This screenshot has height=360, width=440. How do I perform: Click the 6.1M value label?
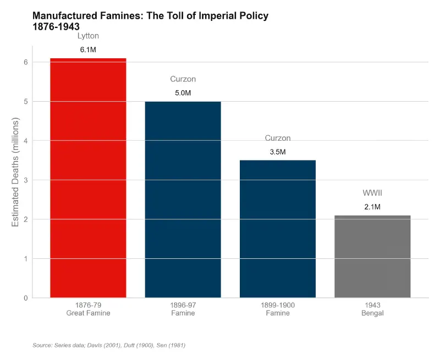click(88, 50)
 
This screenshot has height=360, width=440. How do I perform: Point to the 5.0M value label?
click(183, 93)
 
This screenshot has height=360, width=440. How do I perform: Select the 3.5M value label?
click(278, 152)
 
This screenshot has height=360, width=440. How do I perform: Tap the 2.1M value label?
click(372, 207)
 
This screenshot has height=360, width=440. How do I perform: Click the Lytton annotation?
click(88, 36)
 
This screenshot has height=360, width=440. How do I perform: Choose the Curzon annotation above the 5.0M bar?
click(183, 79)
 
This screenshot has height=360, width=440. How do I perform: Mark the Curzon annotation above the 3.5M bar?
click(278, 138)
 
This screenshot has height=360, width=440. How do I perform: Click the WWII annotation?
click(372, 193)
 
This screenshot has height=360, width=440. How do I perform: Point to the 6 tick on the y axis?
click(25, 62)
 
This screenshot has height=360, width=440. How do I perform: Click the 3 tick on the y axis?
click(25, 180)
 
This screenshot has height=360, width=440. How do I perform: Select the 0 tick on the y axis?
click(25, 298)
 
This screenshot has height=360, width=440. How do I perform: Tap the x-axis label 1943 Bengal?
click(372, 309)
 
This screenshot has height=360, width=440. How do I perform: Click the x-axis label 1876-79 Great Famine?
click(88, 309)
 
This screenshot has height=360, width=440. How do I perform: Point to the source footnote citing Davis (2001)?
click(109, 345)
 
